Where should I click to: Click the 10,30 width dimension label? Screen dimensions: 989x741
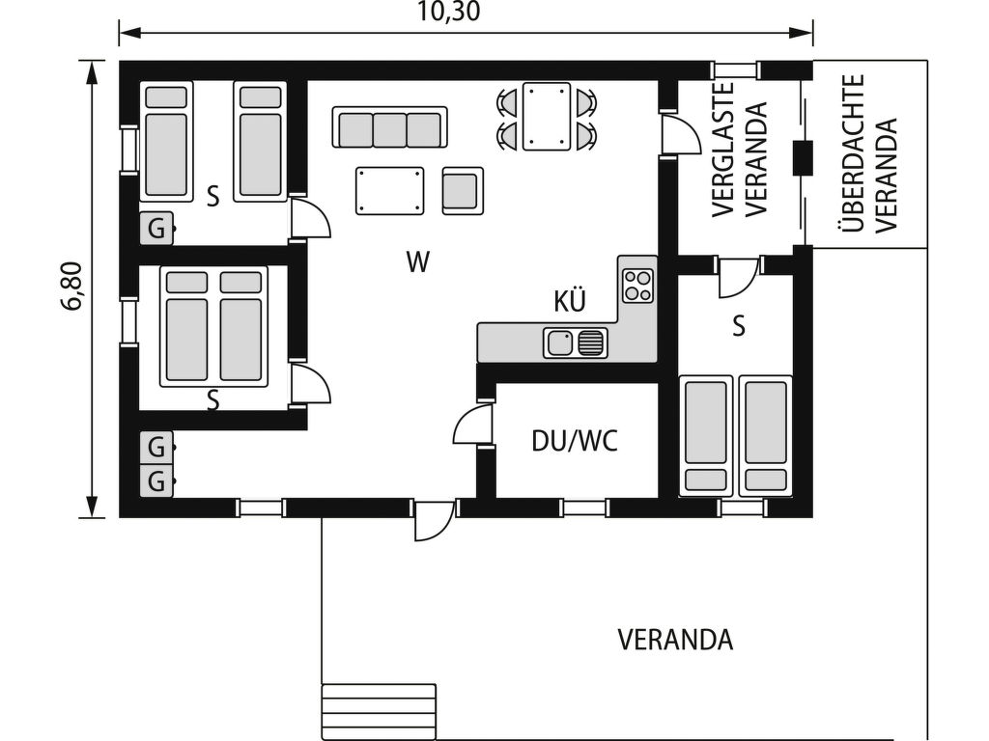coord(448,12)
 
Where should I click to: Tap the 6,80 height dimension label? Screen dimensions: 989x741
coord(72,286)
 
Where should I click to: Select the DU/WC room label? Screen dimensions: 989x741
coord(575,441)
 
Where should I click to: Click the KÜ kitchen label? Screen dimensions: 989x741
coord(570,301)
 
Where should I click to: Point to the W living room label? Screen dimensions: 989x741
coord(417,261)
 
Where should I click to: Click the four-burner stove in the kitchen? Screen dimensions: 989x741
coord(637,286)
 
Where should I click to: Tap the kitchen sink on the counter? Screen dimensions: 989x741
coord(576,343)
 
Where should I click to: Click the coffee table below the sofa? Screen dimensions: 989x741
coord(390,190)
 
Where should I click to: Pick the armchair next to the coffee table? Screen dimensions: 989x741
coord(463,190)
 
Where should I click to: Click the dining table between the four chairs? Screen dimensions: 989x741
coord(547,117)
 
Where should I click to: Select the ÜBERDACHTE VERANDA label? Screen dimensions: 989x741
coord(868,153)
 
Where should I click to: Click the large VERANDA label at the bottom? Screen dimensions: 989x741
coord(675,641)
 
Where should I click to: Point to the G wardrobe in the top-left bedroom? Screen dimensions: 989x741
coord(155,228)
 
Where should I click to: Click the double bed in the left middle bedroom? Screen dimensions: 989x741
coord(213,326)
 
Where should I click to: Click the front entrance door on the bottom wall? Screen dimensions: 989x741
coord(435,520)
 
